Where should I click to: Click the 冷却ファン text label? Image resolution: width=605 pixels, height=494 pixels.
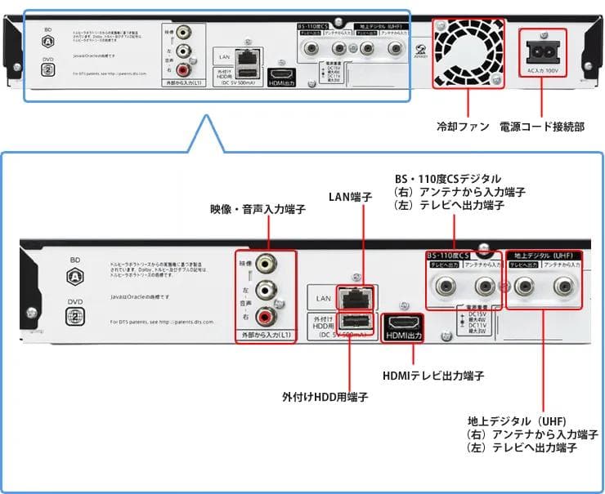(x=462, y=127)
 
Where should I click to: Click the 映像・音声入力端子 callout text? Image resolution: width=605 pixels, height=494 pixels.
(x=258, y=210)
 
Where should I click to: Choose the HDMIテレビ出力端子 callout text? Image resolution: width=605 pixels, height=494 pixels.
(x=433, y=376)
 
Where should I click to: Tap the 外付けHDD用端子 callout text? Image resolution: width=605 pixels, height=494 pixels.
(x=325, y=397)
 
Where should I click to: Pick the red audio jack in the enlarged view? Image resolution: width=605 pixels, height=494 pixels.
(x=266, y=317)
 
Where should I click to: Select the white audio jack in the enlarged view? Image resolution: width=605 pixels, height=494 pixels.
(x=266, y=290)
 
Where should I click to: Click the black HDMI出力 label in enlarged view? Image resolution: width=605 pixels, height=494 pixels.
(x=402, y=336)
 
